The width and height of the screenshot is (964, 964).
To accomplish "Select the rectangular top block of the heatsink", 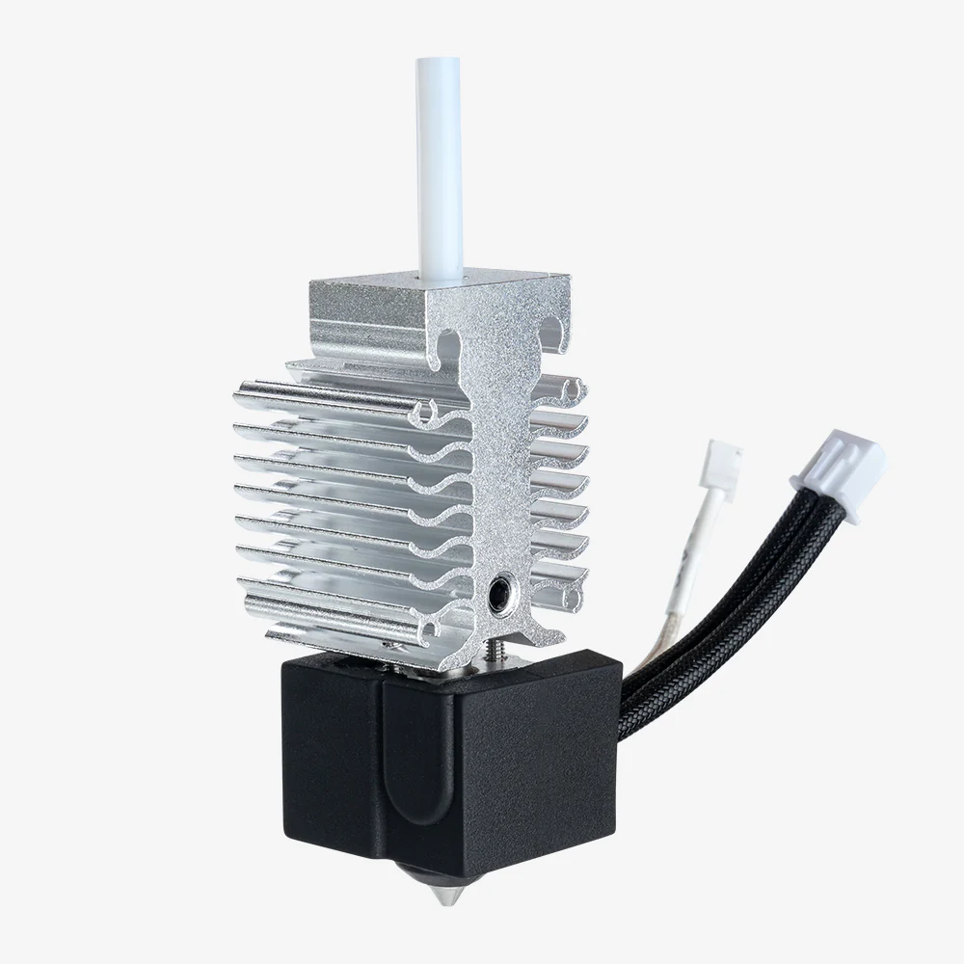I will (424, 299).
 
